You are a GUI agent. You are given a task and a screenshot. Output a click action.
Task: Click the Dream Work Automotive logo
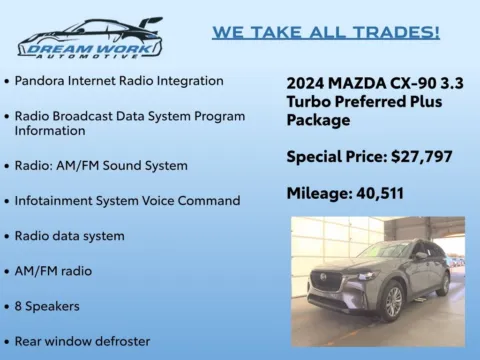pyautogui.click(x=90, y=37)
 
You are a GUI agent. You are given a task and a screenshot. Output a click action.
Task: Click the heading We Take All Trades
pyautogui.click(x=325, y=33)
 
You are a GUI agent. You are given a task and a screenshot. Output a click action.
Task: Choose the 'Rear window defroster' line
pyautogui.click(x=82, y=341)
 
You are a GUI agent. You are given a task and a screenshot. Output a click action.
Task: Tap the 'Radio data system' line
pyautogui.click(x=69, y=236)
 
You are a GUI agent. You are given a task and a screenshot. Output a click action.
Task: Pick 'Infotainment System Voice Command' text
pyautogui.click(x=127, y=200)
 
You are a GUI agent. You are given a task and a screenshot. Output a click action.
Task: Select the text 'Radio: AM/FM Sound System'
pyautogui.click(x=101, y=165)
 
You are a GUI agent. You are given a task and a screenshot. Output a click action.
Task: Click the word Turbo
pyautogui.click(x=311, y=102)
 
